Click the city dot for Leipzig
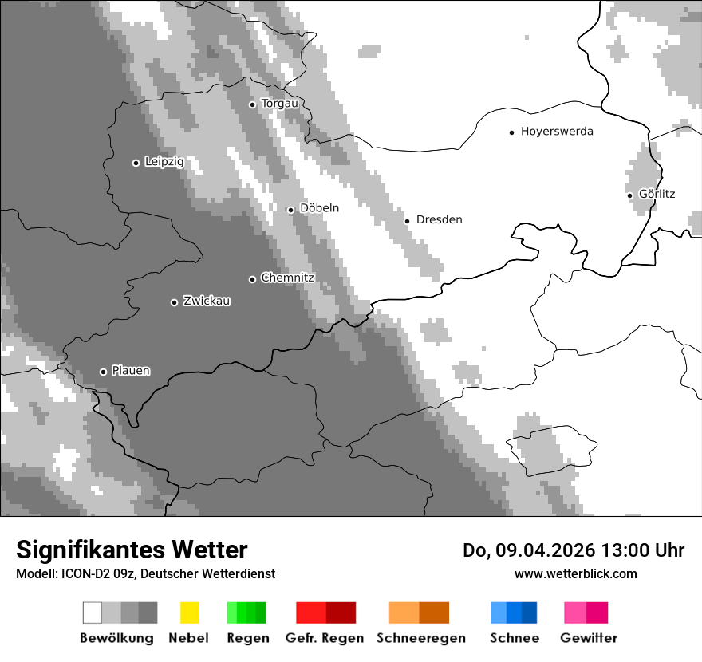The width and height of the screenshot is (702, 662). point(136,163)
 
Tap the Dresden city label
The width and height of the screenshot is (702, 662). point(439,219)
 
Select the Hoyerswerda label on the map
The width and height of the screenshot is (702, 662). point(557,132)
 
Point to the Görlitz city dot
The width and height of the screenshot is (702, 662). point(629,195)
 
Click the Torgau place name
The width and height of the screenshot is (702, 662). point(279,104)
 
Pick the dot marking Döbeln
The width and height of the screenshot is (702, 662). point(290,210)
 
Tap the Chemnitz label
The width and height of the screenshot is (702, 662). point(287,278)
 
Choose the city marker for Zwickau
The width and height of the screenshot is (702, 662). point(174,302)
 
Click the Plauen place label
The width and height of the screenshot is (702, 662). point(131,371)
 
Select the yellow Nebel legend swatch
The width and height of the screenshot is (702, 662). point(189,613)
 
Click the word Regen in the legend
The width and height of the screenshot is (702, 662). point(248,638)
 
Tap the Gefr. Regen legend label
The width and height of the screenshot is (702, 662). point(325,638)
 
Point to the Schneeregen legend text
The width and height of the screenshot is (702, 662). point(420,638)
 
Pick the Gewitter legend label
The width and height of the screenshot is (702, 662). point(589,638)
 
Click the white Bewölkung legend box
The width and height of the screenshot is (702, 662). point(92,613)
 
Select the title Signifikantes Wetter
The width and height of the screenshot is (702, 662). point(132,550)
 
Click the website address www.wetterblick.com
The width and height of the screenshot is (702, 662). point(575,573)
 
